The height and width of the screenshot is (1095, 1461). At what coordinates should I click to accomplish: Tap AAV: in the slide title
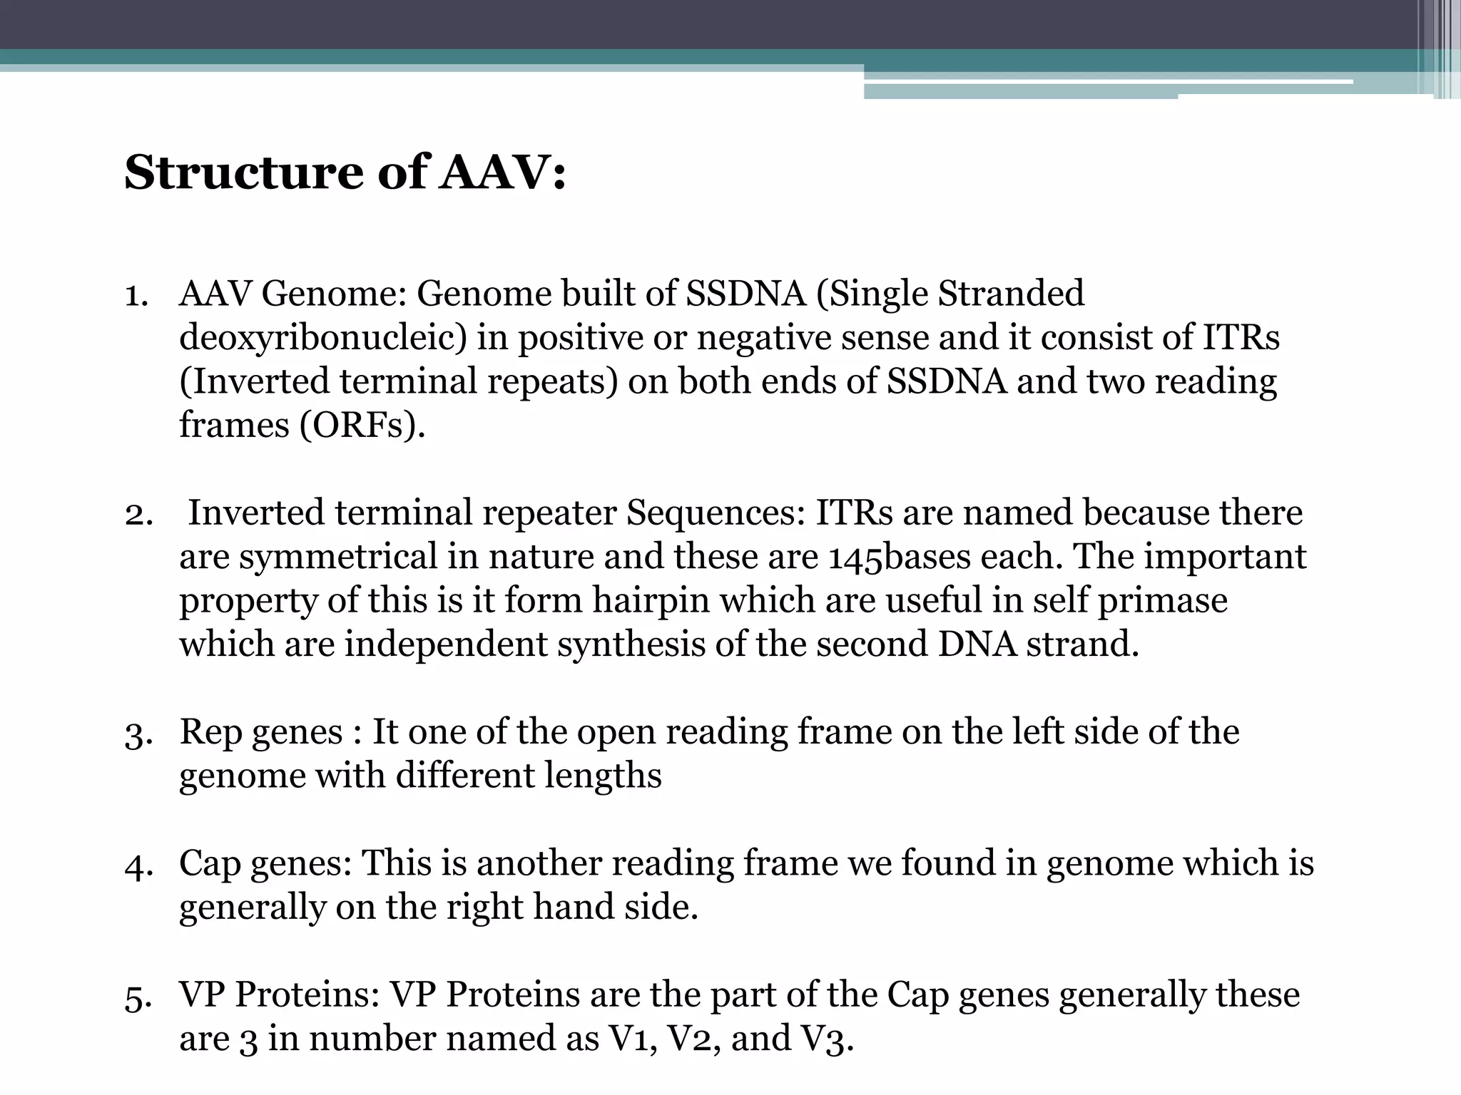(x=502, y=173)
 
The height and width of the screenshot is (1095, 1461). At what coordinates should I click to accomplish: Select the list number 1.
(x=136, y=294)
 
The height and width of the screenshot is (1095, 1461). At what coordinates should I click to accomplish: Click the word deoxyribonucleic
(x=322, y=338)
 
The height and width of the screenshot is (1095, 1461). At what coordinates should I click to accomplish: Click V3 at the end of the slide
(x=823, y=1039)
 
